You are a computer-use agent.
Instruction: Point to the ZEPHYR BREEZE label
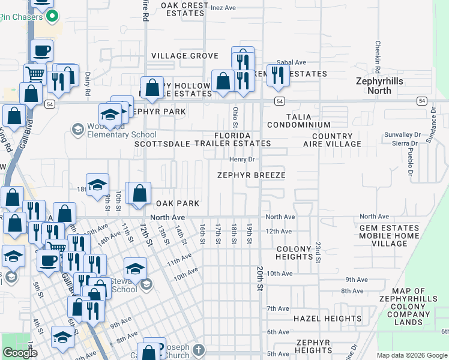(251, 175)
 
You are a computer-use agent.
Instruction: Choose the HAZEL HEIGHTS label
(327, 319)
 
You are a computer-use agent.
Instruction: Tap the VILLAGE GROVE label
(184, 56)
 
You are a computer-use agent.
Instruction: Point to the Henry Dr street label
(243, 160)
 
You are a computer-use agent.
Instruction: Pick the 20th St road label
(261, 279)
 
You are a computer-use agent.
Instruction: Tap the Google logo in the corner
(20, 353)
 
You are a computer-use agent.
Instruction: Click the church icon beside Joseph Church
(199, 350)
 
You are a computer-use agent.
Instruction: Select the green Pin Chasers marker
(52, 16)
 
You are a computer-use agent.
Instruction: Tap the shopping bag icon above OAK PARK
(139, 193)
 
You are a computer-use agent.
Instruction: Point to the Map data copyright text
(411, 355)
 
